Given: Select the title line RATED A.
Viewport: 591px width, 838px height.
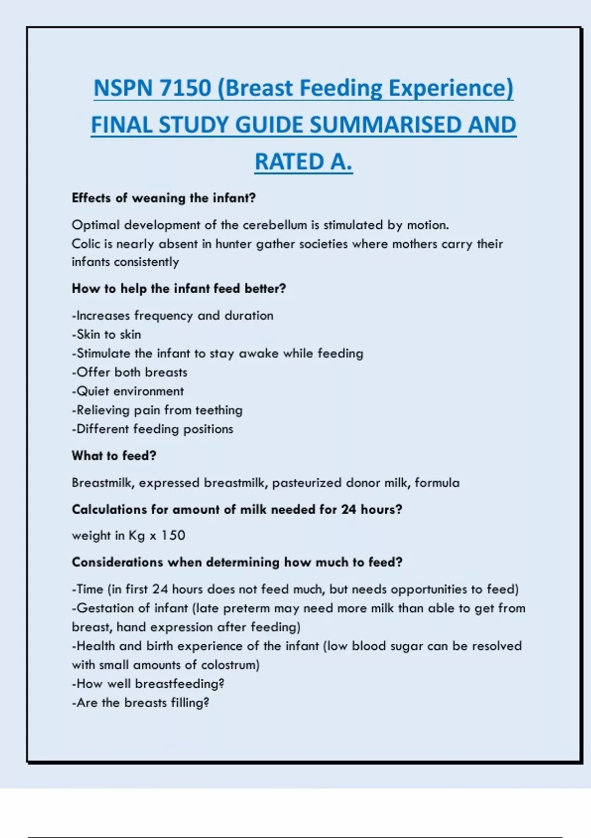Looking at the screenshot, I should [303, 162].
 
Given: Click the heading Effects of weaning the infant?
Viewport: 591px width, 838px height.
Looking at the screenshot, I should [164, 198].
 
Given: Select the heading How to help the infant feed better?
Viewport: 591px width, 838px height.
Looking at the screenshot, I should [179, 288].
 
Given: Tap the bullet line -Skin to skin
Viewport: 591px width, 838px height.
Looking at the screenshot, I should [106, 335].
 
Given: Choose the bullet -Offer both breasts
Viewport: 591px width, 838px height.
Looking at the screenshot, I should [130, 372].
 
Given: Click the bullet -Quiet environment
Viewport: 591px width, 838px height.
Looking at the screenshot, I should [128, 391].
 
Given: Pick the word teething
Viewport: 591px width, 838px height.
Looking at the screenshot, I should [219, 410].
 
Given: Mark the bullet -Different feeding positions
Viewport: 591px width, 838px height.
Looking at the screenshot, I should [152, 429].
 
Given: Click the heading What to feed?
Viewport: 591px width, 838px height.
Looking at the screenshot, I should [114, 456].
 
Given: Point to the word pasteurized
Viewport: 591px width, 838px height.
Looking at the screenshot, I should [306, 483].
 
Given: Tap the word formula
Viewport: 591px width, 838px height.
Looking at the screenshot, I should [437, 483].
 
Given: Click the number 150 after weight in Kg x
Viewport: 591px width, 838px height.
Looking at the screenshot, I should [173, 535].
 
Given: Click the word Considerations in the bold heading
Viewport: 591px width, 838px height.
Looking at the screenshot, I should [117, 562].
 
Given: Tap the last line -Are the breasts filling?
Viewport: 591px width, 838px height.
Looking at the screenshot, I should [140, 703].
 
